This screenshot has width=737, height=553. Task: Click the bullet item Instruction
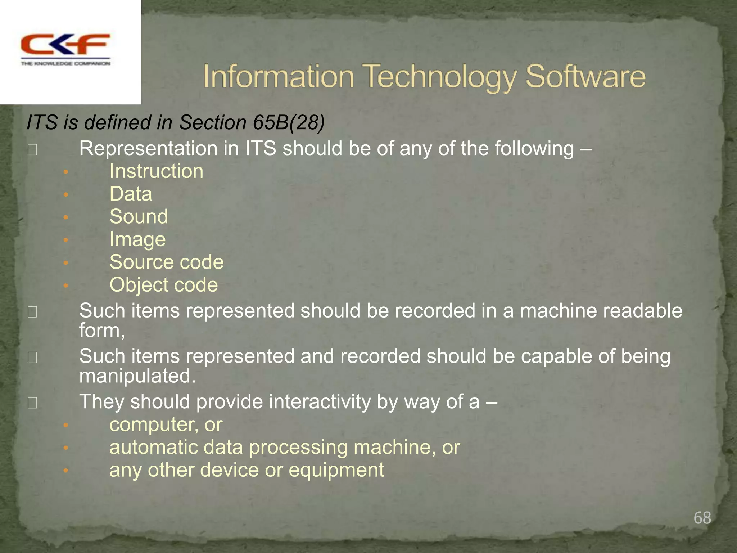156,171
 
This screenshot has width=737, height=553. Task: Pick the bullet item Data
131,194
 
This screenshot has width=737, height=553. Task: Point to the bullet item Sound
139,216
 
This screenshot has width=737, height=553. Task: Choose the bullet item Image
137,239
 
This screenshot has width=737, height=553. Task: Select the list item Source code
166,262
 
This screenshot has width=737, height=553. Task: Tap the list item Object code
163,285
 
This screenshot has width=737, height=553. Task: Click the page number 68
702,518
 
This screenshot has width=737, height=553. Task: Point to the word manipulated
137,376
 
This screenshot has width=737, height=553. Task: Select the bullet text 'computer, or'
166,424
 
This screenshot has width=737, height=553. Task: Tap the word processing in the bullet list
298,447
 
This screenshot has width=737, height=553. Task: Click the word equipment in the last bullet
336,470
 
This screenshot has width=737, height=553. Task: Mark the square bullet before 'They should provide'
32,403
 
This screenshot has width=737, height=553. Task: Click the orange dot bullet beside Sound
65,217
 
